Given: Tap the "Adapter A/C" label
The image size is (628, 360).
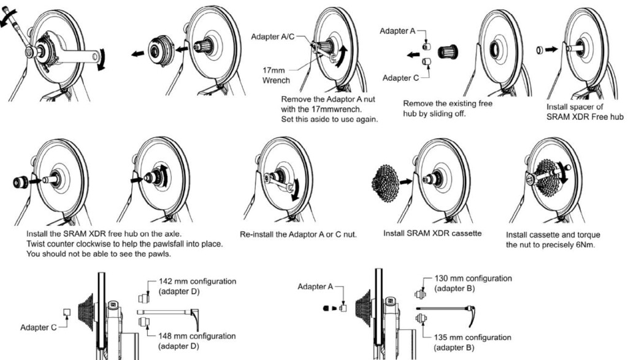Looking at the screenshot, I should (x=274, y=36).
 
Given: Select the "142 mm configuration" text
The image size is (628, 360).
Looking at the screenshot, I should (x=197, y=281).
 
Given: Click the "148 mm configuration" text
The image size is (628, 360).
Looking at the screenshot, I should (x=197, y=336).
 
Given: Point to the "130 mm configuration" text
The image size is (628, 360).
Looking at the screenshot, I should (x=472, y=278).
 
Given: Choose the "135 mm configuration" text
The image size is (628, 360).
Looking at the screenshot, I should (x=472, y=337).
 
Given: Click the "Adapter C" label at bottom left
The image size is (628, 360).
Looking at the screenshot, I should (x=38, y=328).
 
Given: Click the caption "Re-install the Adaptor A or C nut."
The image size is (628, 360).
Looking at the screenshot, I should (x=297, y=234).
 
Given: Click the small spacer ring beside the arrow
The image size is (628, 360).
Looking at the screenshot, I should (x=538, y=50).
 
